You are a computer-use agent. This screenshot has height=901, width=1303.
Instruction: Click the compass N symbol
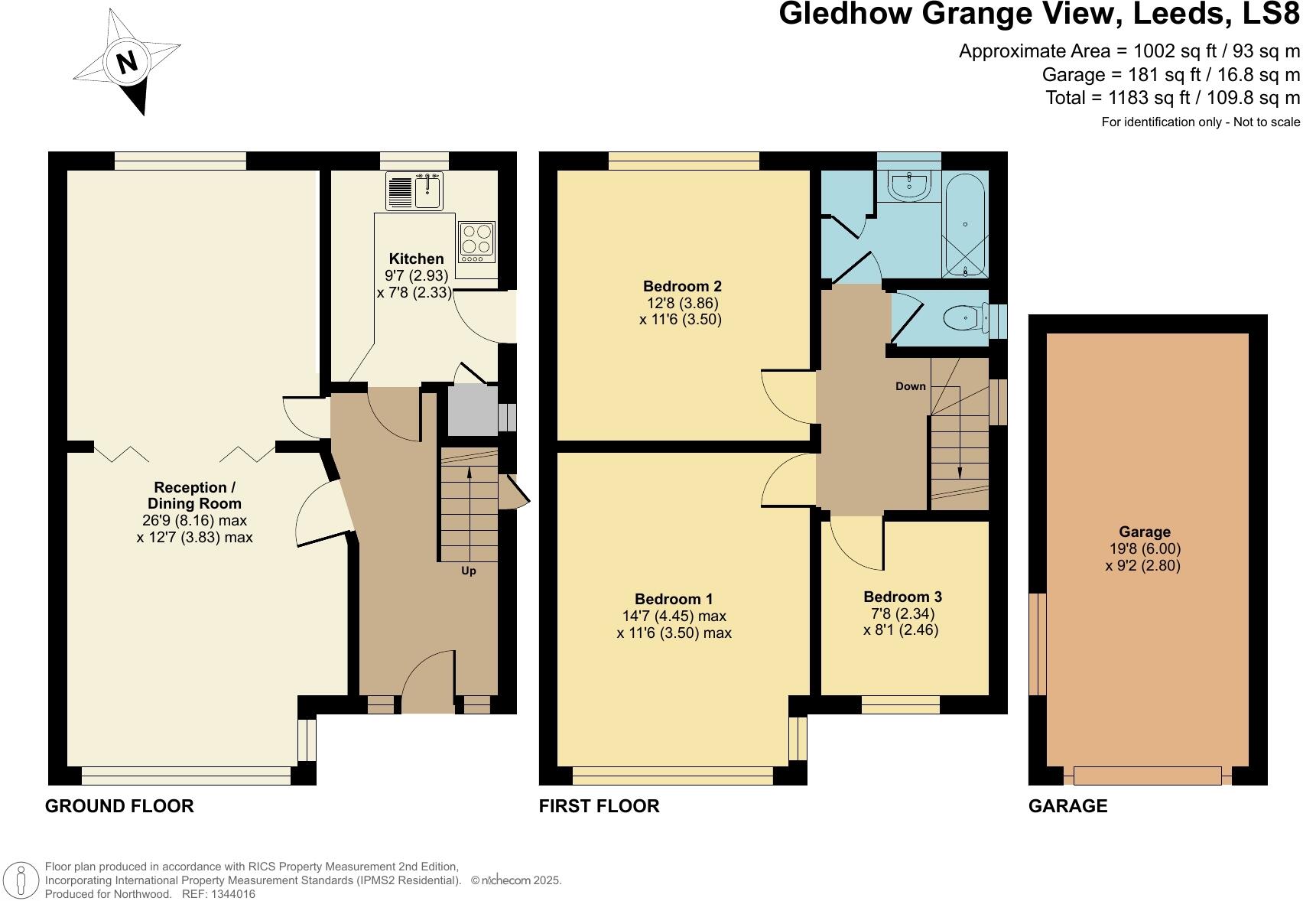(128, 62)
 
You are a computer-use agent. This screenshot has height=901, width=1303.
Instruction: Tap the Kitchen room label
(415, 259)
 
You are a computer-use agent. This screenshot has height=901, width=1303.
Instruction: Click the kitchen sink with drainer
(415, 190)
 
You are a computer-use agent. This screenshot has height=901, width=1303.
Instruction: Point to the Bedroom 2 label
(682, 287)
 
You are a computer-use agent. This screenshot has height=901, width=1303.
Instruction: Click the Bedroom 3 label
(902, 597)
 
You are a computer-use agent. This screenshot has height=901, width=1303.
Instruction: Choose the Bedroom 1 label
(674, 599)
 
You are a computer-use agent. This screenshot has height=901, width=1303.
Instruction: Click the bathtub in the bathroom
(966, 223)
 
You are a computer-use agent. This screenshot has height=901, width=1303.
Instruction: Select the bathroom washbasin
(908, 184)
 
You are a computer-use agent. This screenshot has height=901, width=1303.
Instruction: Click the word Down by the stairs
(910, 386)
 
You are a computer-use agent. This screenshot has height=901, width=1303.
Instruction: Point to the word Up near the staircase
(468, 571)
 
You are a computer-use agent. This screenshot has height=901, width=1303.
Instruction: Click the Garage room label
(1144, 532)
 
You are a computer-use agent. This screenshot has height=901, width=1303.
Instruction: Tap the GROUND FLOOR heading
(119, 805)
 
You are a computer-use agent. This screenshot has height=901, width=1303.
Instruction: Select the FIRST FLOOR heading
(599, 805)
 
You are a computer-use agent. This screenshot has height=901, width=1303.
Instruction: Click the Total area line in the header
(1172, 98)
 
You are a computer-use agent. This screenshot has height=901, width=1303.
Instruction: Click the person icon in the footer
(21, 880)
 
